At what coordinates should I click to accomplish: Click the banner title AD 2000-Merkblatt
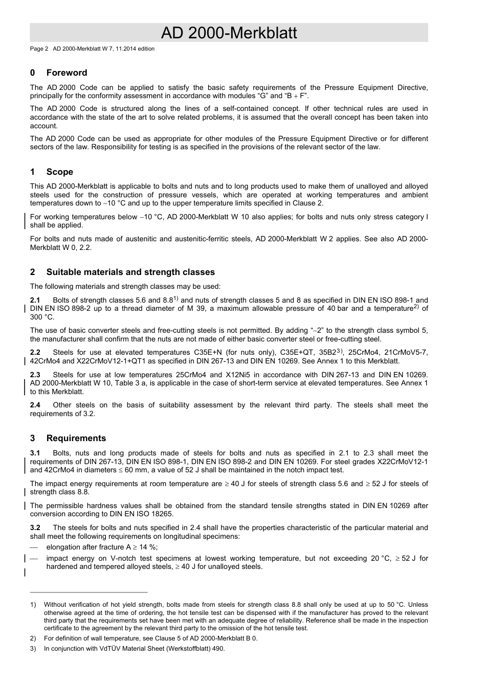229,33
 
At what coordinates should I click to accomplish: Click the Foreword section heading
67,73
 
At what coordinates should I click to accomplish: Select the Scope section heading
59,172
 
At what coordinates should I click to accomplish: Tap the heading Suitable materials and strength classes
130,272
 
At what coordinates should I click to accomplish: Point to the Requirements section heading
76,438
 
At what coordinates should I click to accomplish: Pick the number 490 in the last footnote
218,649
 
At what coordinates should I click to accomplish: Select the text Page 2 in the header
39,49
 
